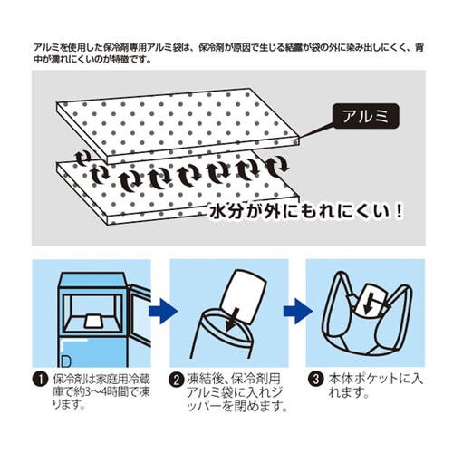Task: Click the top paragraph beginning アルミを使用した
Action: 226,50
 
